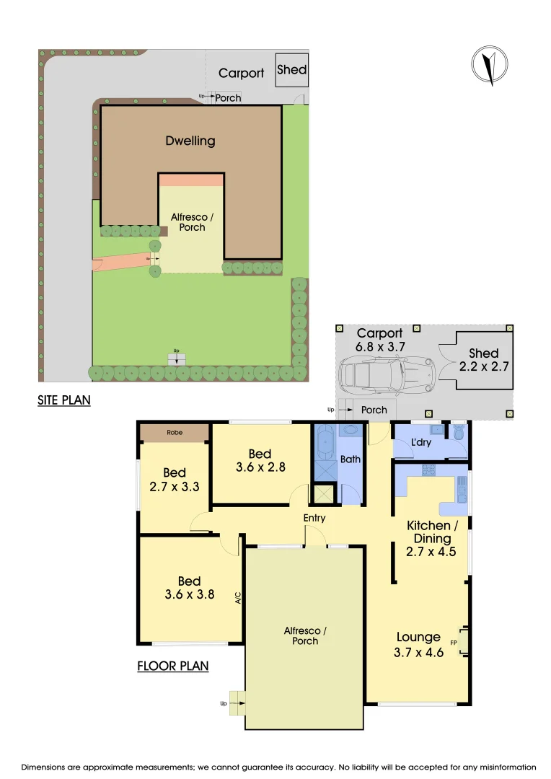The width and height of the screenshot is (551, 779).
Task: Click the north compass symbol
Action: [490, 65]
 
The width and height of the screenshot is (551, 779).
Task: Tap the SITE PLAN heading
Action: [64, 399]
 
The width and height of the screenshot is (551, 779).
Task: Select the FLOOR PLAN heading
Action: [173, 666]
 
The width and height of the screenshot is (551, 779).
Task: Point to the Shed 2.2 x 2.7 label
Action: [483, 360]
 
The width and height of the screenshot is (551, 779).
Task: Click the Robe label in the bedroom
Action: [174, 433]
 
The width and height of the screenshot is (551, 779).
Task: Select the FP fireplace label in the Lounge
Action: [454, 641]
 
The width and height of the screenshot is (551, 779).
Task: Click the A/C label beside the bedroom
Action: [237, 597]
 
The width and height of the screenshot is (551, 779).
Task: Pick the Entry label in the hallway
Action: [314, 518]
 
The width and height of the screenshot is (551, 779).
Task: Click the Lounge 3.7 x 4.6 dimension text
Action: [419, 645]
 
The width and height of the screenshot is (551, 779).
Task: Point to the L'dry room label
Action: [420, 442]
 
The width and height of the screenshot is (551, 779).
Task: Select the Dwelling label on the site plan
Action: [190, 141]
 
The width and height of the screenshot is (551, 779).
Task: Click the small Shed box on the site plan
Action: [291, 70]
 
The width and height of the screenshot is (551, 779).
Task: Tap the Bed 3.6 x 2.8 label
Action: [260, 460]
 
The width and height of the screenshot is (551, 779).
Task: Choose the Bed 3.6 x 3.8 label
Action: [189, 589]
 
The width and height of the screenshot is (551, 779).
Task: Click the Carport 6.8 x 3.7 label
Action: [380, 340]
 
